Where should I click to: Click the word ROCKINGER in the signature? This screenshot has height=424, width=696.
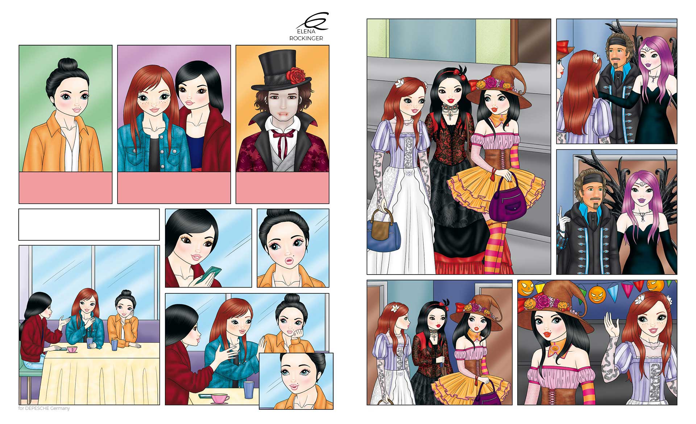click(306, 38)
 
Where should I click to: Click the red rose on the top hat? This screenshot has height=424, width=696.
click(296, 75)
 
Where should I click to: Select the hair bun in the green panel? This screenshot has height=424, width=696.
click(67, 65)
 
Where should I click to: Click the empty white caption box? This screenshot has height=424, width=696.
click(89, 225)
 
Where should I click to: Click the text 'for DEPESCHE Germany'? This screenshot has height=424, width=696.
click(44, 408)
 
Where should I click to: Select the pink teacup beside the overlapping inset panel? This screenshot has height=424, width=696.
click(220, 398)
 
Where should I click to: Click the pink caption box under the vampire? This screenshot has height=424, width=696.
click(282, 188)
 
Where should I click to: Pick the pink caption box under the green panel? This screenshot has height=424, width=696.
click(65, 188)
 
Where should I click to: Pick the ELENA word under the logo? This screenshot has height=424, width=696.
click(306, 32)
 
